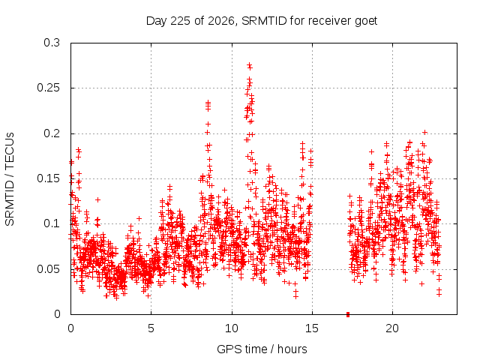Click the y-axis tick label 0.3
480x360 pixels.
tap(52, 43)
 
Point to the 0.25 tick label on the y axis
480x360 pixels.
tap(48, 88)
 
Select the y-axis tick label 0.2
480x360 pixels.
tap(52, 133)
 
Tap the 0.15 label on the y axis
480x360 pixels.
tap(48, 178)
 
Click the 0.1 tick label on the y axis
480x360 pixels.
tap(52, 223)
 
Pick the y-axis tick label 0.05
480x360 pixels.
tap(48, 269)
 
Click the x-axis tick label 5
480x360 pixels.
tap(151, 328)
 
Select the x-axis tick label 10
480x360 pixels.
tap(232, 328)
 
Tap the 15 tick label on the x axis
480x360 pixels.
tap(312, 328)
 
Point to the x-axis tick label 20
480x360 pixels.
tap(392, 328)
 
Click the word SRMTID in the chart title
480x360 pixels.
tap(264, 21)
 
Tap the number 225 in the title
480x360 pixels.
tap(181, 21)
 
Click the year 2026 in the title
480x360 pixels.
tap(220, 22)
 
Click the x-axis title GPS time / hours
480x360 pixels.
tap(262, 349)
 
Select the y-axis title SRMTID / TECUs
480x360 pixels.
tap(10, 179)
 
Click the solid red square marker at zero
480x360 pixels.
tap(348, 314)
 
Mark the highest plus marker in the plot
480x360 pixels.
tap(250, 65)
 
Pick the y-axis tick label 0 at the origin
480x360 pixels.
tap(57, 314)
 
